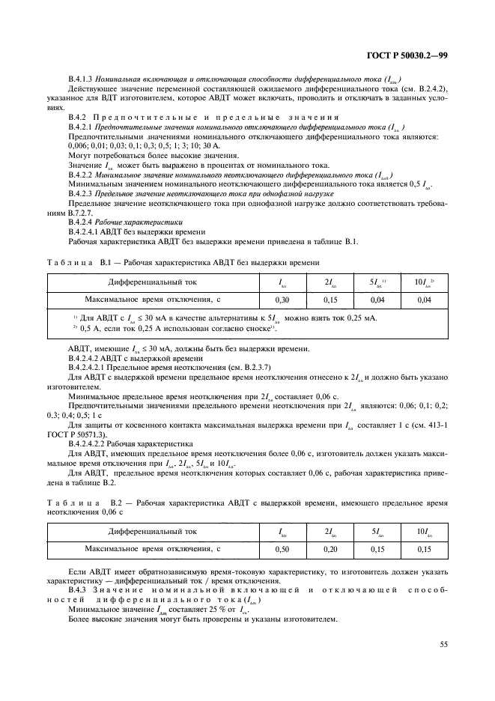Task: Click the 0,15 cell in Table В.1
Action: coord(330,299)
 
